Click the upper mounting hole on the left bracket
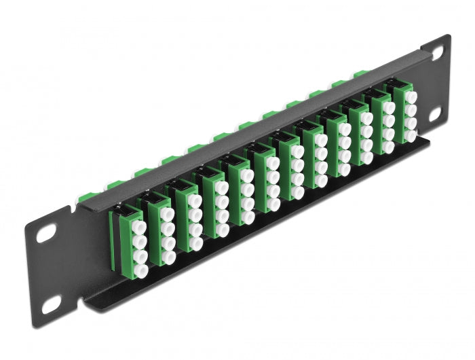[x=47, y=233]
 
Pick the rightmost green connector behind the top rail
[x=358, y=73]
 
